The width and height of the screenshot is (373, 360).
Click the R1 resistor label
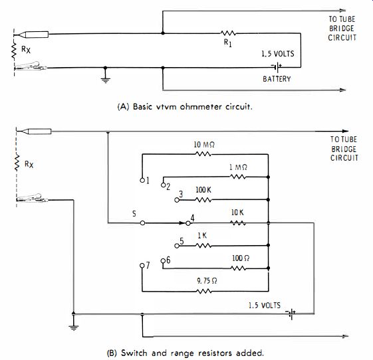coord(227,43)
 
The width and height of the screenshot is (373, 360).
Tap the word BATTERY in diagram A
coord(277,79)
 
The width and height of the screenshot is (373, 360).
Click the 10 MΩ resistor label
coord(204,145)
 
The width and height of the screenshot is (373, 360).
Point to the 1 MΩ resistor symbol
coord(238,177)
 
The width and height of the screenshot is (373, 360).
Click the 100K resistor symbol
coord(203,200)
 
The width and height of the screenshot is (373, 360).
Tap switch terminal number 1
coord(142,181)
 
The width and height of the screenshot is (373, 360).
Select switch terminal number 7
coord(142,266)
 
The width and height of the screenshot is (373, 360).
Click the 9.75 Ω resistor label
coord(207,281)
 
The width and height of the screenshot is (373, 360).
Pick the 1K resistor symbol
coord(203,246)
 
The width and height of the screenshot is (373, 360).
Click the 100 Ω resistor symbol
coord(238,268)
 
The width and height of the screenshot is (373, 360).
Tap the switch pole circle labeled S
coord(142,223)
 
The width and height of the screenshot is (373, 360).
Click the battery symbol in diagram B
coord(291,314)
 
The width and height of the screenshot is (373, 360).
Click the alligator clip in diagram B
coord(32,198)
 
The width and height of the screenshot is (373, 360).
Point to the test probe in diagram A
coord(31,35)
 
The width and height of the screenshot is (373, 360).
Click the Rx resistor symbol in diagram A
coord(14,50)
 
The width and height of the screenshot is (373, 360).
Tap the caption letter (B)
coord(112,353)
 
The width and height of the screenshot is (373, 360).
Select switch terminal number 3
coord(177,200)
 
